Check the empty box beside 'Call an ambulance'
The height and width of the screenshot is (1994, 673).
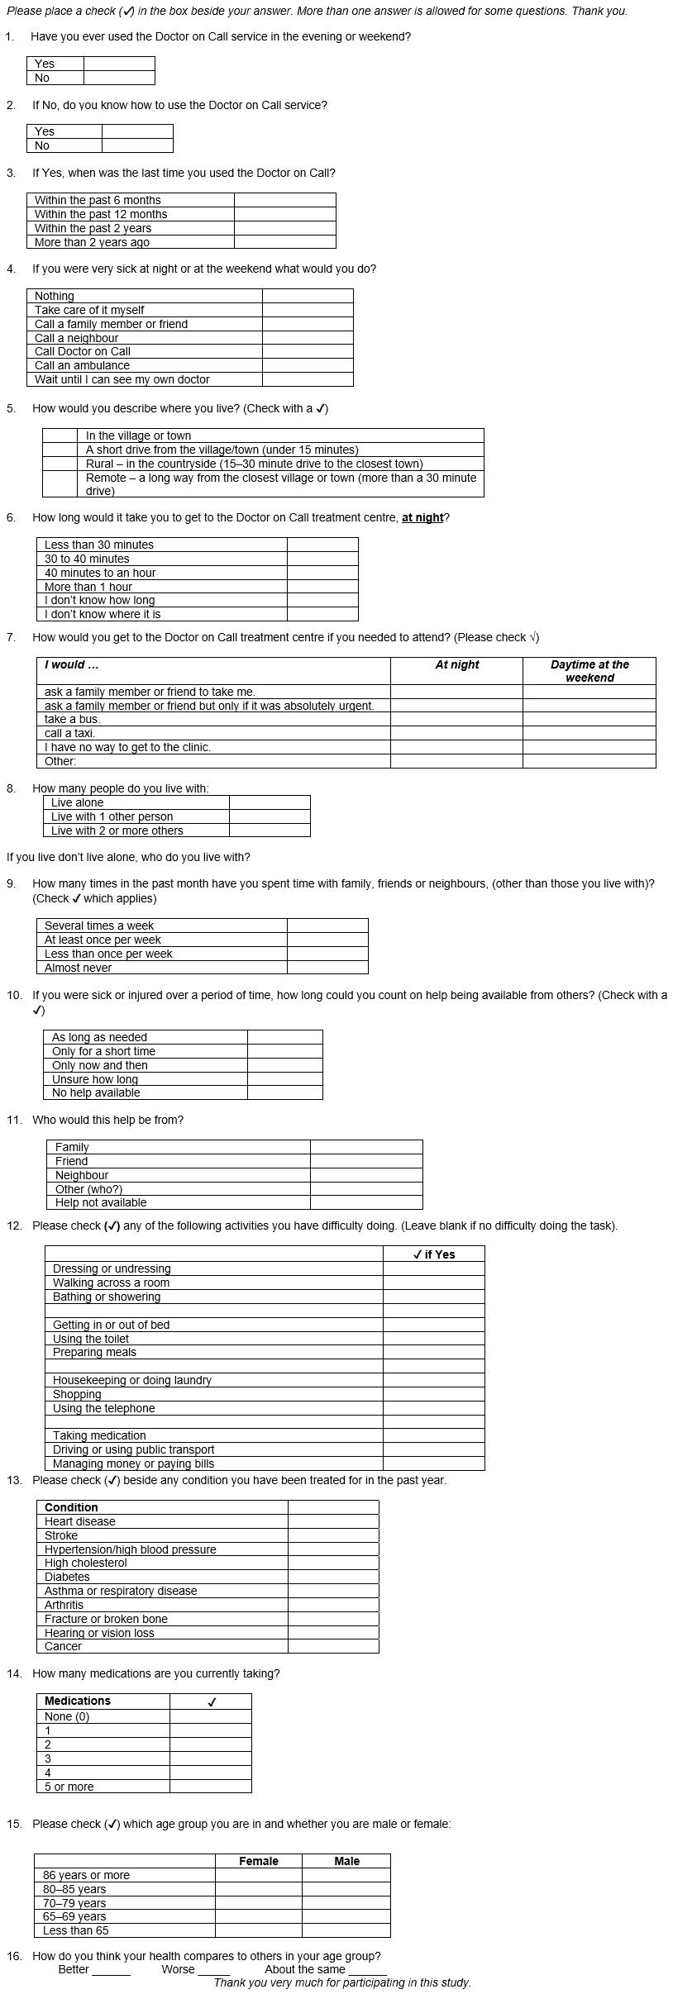pyautogui.click(x=308, y=365)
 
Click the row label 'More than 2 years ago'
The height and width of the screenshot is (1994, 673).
pyautogui.click(x=92, y=242)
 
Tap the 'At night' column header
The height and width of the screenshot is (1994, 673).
pyautogui.click(x=456, y=665)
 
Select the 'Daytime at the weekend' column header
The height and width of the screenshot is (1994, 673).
pyautogui.click(x=589, y=671)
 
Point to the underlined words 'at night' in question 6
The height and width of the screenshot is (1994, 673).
pyautogui.click(x=422, y=518)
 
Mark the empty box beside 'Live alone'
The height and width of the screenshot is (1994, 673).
pyautogui.click(x=270, y=802)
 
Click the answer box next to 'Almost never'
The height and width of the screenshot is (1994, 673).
pyautogui.click(x=327, y=968)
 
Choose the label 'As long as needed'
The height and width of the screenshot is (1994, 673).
pyautogui.click(x=99, y=1037)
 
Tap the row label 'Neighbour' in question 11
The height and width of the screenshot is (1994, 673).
pyautogui.click(x=82, y=1175)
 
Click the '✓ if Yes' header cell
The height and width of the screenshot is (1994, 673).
pyautogui.click(x=434, y=1254)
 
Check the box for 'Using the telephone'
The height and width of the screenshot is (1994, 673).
pyautogui.click(x=434, y=1408)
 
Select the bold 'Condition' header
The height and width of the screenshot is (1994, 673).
pyautogui.click(x=71, y=1507)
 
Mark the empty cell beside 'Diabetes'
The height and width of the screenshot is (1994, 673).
pyautogui.click(x=333, y=1577)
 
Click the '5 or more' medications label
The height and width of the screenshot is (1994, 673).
pyautogui.click(x=69, y=1787)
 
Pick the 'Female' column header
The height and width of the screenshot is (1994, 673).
pyautogui.click(x=259, y=1861)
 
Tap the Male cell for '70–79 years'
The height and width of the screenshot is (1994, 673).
pyautogui.click(x=346, y=1903)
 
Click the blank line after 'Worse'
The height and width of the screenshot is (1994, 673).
pyautogui.click(x=213, y=1970)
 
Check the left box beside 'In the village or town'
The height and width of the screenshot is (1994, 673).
pyautogui.click(x=60, y=435)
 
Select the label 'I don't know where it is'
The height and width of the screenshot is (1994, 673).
pyautogui.click(x=103, y=614)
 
